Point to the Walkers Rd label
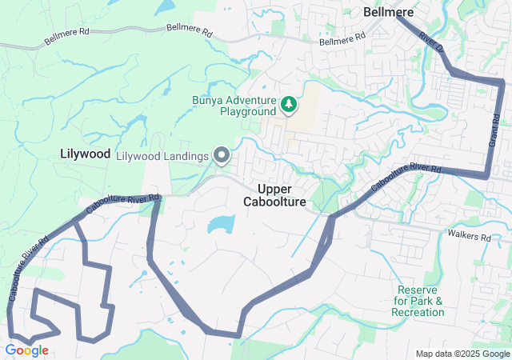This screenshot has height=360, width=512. tap(469, 238)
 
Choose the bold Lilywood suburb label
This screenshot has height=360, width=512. tap(85, 154)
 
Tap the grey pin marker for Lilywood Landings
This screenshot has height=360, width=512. tap(222, 154)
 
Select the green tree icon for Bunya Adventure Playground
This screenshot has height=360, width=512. tap(288, 104)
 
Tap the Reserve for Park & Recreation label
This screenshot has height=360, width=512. tap(418, 301)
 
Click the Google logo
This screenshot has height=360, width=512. tap(26, 350)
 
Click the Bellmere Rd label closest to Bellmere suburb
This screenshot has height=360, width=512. tap(342, 39)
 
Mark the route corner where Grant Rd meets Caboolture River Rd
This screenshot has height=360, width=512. tap(487, 174)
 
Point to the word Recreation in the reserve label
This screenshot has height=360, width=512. tap(418, 312)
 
